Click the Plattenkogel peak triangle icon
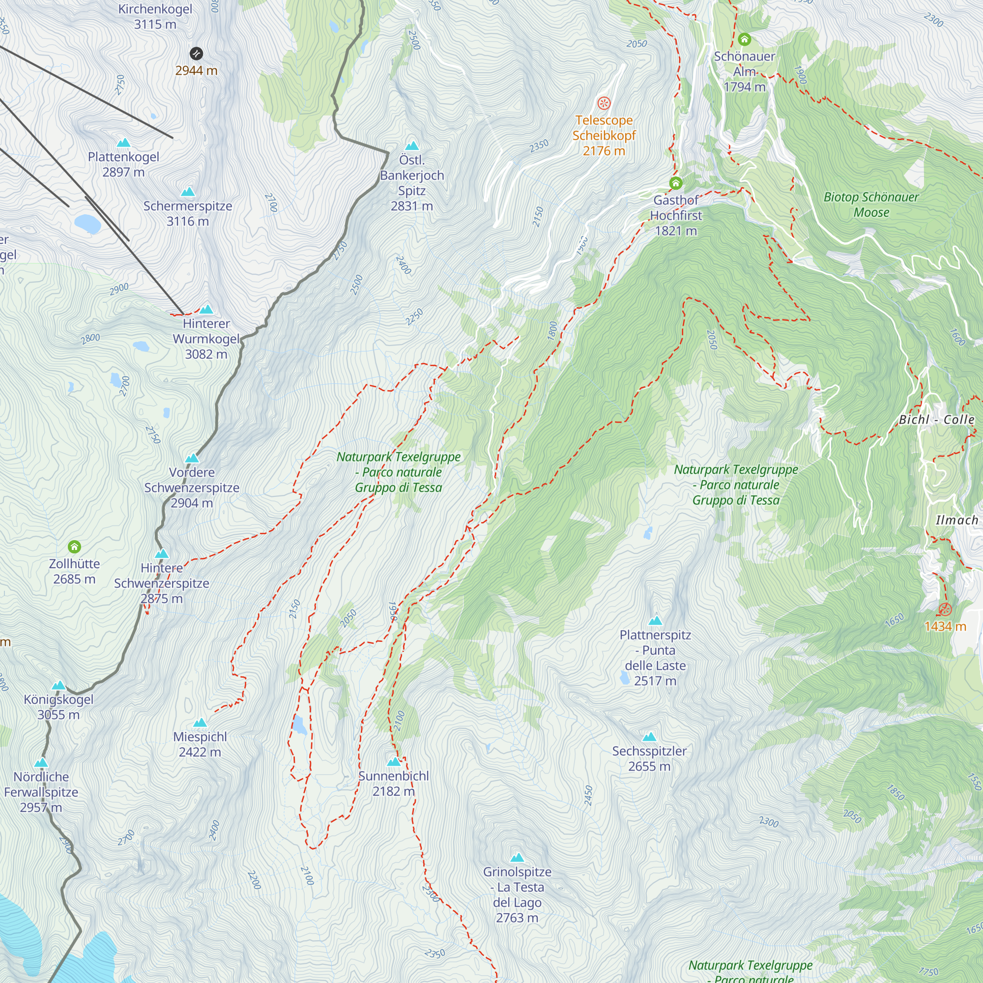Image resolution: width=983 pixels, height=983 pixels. [123, 143]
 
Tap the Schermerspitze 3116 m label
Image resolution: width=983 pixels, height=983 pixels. [188, 214]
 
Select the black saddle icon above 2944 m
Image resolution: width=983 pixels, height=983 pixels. [197, 54]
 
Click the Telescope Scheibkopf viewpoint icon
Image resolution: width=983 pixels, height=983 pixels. [604, 103]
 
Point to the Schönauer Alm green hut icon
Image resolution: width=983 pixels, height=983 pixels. [744, 39]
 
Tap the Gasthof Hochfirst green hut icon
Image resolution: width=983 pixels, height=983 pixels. [676, 183]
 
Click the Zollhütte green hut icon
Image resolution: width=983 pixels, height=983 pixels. [74, 547]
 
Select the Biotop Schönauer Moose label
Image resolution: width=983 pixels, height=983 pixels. [871, 204]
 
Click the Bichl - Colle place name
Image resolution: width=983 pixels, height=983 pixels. [936, 420]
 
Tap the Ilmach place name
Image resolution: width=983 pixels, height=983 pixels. [956, 520]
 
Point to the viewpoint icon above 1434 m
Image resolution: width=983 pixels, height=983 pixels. [945, 609]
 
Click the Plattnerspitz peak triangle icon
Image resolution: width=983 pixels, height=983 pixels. [655, 620]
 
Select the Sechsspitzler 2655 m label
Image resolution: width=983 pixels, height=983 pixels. [649, 758]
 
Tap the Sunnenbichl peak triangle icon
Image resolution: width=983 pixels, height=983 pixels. [394, 762]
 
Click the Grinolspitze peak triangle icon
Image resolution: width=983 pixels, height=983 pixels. [517, 857]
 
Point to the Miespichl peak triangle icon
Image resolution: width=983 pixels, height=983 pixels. [200, 723]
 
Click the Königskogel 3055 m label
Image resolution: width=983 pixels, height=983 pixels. [58, 707]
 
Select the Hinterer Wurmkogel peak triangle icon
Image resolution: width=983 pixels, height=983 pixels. [206, 309]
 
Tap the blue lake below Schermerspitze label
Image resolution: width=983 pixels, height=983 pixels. [87, 223]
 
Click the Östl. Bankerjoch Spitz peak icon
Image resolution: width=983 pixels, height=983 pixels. [412, 145]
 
